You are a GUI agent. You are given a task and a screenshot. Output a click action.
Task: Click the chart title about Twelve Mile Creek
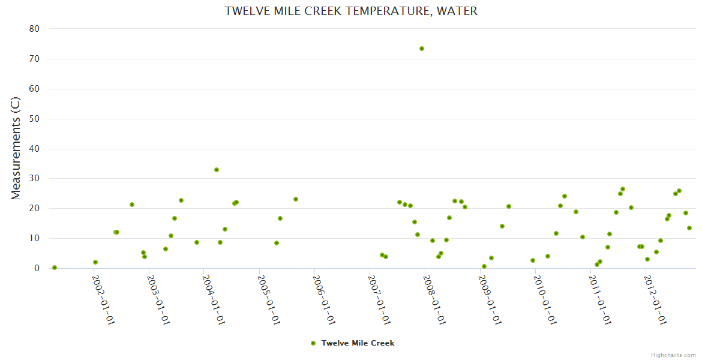click(351, 11)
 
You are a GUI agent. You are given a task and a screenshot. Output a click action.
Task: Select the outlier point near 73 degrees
click(422, 49)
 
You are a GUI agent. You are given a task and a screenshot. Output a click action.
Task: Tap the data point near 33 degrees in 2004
click(217, 170)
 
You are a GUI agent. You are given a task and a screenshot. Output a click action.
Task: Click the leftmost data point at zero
click(55, 268)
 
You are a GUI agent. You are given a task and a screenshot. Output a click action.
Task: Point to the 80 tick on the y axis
click(34, 29)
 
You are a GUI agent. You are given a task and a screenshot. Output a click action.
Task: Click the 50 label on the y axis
click(34, 119)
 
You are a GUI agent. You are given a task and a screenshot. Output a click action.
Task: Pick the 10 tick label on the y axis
click(34, 238)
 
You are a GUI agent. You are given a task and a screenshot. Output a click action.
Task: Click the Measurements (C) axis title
click(16, 148)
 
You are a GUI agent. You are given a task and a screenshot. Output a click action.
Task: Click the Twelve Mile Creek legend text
click(358, 343)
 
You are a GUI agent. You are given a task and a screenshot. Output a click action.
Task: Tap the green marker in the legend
click(313, 343)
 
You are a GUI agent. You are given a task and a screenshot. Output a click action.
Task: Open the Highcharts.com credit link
click(673, 355)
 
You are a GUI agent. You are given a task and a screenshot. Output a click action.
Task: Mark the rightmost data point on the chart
click(689, 228)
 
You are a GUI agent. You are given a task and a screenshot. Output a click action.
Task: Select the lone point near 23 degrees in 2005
click(296, 199)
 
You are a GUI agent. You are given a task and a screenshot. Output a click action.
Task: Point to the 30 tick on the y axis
click(34, 178)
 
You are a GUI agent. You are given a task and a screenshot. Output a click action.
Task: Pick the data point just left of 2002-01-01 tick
click(95, 262)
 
